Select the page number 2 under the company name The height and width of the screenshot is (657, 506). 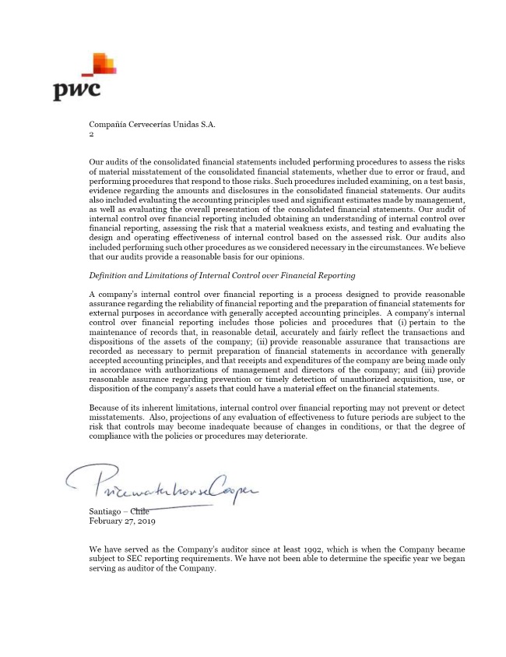point(91,134)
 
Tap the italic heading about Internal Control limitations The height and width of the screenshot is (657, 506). point(222,275)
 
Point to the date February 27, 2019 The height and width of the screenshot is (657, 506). point(122,521)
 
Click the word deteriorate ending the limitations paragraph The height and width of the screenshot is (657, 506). point(286,436)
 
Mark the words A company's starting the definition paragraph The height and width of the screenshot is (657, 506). point(116,294)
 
